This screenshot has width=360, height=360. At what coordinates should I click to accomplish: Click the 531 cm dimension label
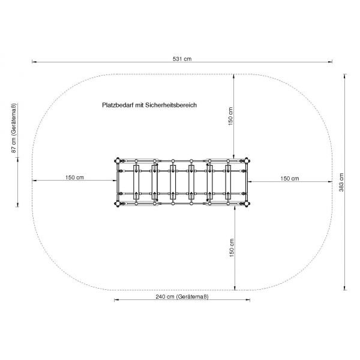coord(182,59)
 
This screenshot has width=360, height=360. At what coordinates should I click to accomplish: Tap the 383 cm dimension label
coord(341,182)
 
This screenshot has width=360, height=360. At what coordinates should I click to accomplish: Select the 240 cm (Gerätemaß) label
coord(182,296)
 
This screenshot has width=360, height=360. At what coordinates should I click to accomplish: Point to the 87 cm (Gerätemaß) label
coord(14,128)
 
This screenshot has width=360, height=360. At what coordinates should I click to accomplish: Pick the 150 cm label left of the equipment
coord(74,178)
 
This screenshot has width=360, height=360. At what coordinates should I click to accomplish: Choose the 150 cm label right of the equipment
coord(290,178)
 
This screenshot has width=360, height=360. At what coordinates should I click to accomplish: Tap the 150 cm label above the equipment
coord(230,116)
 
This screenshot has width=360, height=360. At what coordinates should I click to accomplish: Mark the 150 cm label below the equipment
coord(232,248)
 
